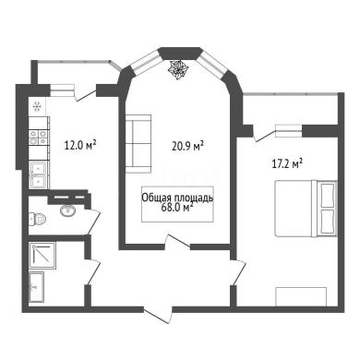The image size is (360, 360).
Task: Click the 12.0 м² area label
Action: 80,145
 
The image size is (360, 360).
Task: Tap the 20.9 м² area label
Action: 188,146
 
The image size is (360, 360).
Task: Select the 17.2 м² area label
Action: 287,163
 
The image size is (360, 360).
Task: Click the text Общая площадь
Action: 177,198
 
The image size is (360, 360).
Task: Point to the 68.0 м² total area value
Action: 177,208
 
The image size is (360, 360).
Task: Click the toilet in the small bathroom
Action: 38,220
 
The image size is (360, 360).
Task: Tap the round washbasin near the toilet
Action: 68,210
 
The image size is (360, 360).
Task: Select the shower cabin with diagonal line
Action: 42,256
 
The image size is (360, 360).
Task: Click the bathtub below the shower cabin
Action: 37,287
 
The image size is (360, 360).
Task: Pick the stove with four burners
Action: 38,138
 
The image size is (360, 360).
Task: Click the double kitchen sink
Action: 38,174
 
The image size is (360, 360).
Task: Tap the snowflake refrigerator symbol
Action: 38,106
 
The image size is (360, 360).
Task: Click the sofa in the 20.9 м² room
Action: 138,144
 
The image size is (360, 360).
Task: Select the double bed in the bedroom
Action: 306,209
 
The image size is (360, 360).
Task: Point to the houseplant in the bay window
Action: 178,70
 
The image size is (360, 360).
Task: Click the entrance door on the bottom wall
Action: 158,315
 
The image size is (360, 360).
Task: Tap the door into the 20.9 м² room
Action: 177,241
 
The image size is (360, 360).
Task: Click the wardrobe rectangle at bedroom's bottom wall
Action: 301,296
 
